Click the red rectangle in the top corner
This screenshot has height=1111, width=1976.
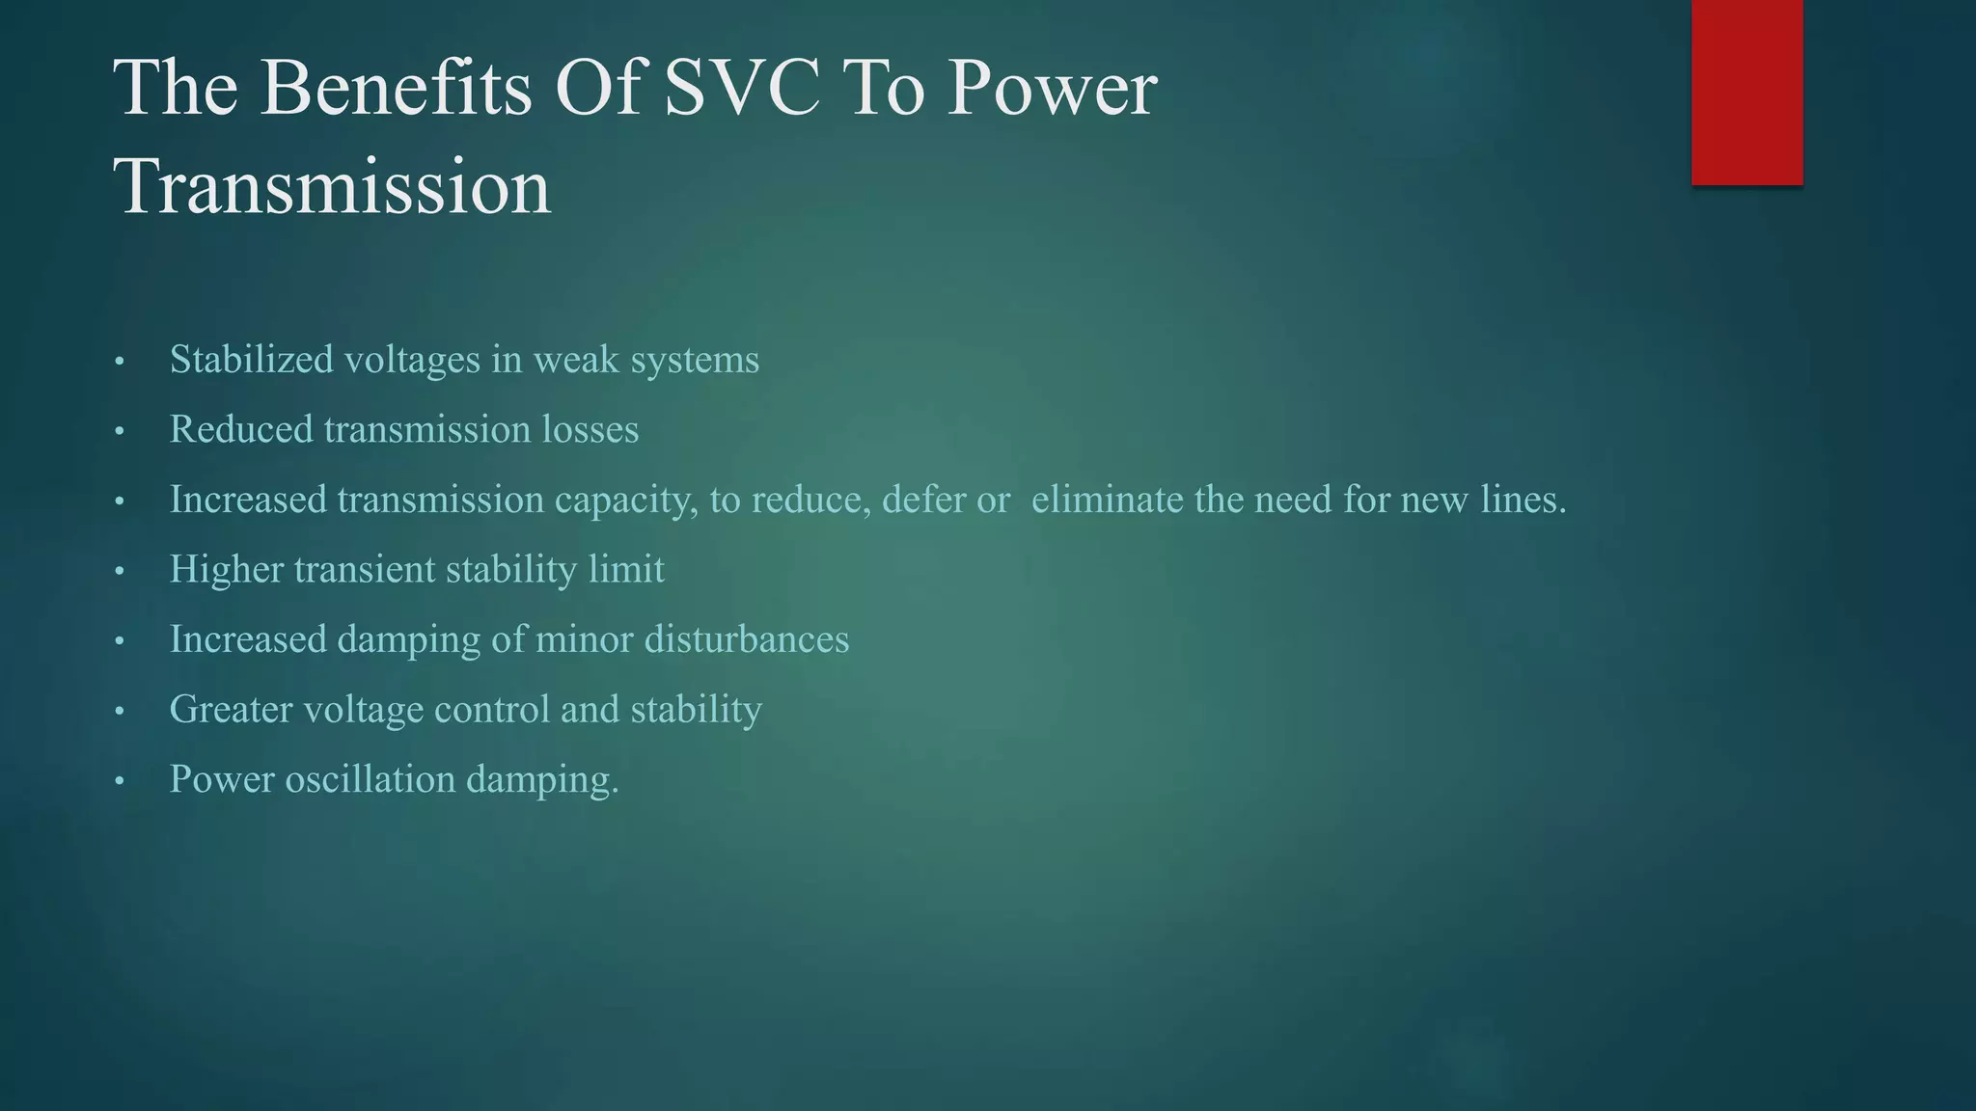(x=1746, y=92)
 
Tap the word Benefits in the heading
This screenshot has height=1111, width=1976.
(x=396, y=88)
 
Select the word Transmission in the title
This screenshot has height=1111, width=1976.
(x=332, y=186)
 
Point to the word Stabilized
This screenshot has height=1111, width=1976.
(x=251, y=360)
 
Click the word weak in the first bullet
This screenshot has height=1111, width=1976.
(x=576, y=360)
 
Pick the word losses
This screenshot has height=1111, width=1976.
(x=590, y=430)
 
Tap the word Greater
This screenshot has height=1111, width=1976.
(x=231, y=710)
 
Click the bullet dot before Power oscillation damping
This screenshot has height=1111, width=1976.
(x=120, y=781)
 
